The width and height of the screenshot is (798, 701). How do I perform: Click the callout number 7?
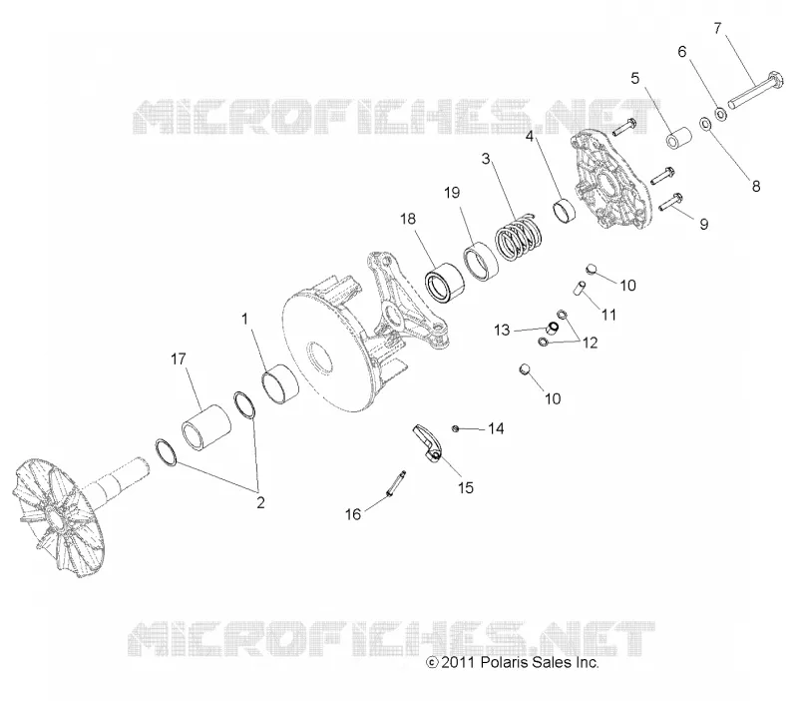717,29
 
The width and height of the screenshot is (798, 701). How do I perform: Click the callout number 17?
179,359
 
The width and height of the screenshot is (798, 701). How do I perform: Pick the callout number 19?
452,193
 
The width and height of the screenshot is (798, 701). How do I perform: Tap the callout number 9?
704,224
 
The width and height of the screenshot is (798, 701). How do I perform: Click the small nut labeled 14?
456,429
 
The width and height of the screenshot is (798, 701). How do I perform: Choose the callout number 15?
466,488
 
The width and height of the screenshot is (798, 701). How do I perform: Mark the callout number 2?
260,503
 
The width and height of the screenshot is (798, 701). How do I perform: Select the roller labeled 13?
553,327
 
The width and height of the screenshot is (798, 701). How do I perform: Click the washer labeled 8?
706,123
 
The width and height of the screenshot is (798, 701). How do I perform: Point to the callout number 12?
591,343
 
